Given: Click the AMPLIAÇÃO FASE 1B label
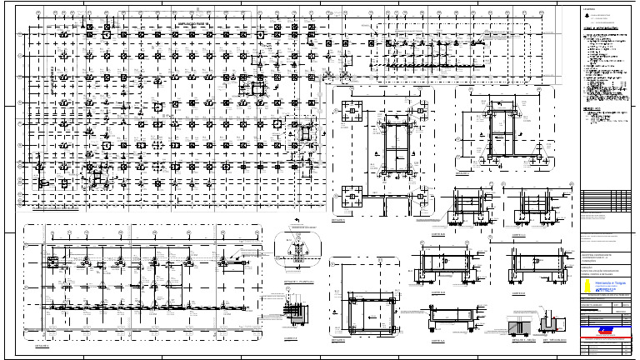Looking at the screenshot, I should pos(195,25).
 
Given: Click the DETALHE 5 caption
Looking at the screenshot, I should pos(338,341).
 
